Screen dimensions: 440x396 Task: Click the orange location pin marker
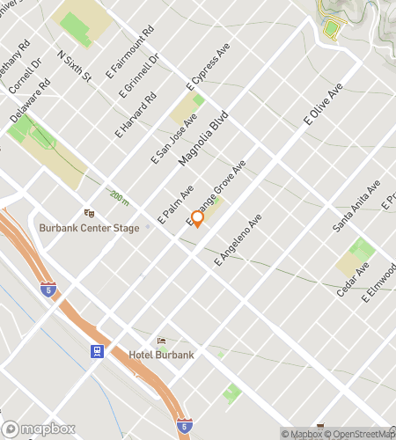197,218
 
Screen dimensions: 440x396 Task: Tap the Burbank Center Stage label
89,228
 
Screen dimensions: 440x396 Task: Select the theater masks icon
88,213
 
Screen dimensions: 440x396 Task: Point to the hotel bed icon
160,341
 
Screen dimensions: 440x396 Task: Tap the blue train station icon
97,350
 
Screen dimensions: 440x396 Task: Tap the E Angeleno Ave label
238,238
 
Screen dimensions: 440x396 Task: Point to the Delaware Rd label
30,102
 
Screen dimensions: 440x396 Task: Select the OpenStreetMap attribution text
360,434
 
